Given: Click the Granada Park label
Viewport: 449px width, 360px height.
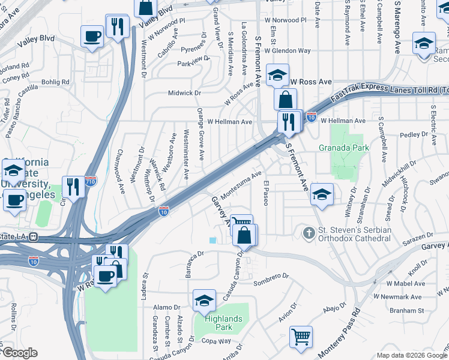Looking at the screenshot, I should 344,147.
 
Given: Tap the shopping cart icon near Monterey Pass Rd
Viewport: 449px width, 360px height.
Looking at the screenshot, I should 301,336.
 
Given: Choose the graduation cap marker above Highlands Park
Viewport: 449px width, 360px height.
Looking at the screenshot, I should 204,299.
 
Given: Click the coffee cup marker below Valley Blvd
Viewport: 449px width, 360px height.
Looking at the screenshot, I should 92,37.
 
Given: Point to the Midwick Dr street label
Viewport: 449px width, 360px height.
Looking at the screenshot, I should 184,93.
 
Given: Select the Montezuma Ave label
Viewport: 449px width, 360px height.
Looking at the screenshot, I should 241,185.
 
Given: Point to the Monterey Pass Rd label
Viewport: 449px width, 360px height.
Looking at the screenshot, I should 337,330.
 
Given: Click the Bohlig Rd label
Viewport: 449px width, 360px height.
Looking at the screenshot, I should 56,82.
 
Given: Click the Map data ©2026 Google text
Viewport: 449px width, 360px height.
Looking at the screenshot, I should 411,355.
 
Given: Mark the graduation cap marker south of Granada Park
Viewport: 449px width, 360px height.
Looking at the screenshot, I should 321,193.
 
